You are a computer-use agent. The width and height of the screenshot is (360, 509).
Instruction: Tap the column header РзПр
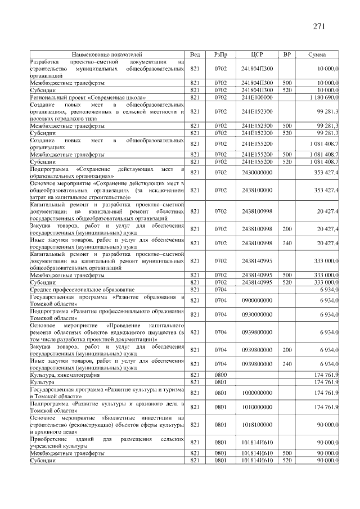(x=220, y=55)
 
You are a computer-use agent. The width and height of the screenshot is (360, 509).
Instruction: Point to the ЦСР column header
(x=257, y=55)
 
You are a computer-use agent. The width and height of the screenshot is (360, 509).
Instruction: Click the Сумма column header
(x=319, y=55)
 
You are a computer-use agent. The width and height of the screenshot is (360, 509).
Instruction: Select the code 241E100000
(x=257, y=97)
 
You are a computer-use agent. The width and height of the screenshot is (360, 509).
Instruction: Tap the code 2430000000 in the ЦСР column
(x=257, y=172)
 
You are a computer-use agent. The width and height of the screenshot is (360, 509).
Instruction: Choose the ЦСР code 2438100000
(x=257, y=190)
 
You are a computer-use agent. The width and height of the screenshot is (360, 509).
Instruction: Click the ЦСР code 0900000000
(x=257, y=300)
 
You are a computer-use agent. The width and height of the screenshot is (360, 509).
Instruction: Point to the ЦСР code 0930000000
(x=257, y=314)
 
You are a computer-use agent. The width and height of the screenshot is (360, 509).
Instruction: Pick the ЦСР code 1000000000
(x=257, y=391)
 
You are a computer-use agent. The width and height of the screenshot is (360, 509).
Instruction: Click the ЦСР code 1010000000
(x=257, y=406)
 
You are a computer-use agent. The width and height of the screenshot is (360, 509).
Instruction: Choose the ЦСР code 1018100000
(x=257, y=425)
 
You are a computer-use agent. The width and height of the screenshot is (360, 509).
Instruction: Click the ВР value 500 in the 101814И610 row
(x=287, y=452)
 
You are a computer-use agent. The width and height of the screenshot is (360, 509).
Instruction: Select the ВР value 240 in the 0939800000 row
(x=287, y=364)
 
